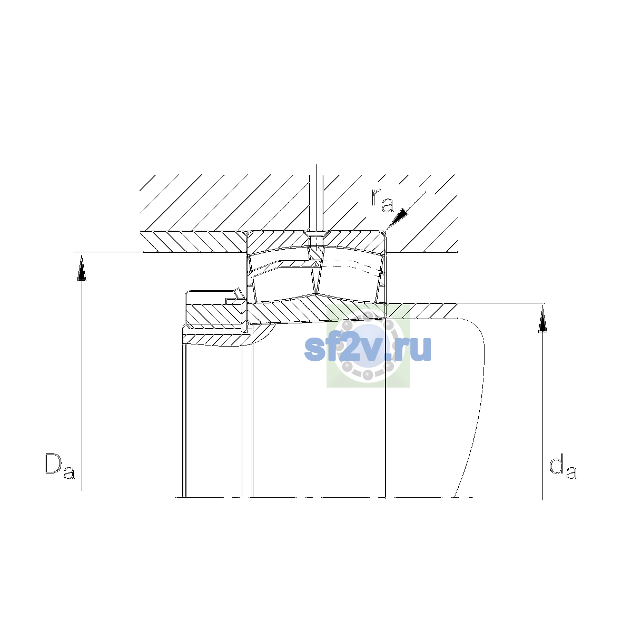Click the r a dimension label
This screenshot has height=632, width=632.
[382, 200]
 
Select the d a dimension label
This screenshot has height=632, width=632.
[563, 467]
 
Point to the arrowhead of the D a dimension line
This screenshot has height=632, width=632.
[82, 268]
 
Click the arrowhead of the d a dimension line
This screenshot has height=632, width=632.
[543, 319]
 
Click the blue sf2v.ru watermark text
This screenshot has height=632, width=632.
[367, 349]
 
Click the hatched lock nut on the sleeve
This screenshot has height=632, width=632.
[215, 314]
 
